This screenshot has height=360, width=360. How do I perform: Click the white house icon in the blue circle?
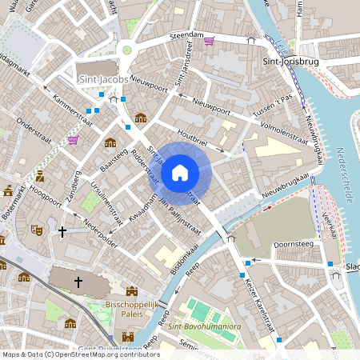click(180, 172)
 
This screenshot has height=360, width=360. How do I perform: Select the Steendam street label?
click(182, 34)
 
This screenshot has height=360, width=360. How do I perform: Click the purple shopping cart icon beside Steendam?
click(209, 41)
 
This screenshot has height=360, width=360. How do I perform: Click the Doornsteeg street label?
click(291, 243)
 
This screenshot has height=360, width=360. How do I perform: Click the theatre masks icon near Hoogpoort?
click(36, 230)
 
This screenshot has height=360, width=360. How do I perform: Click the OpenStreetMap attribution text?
click(80, 354)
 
